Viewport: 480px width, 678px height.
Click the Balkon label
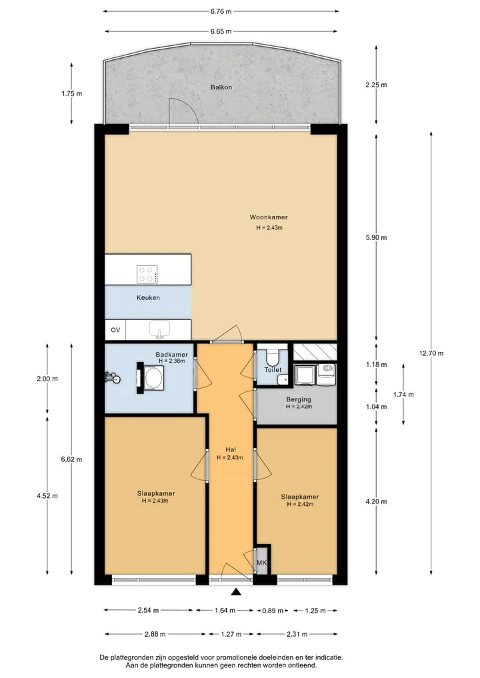coord(221,87)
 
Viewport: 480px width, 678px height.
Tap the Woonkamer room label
coord(269,217)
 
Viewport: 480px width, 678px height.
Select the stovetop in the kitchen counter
coord(147,274)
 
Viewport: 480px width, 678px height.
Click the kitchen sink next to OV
coord(159,329)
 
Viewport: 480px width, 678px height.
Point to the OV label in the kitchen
coord(115,330)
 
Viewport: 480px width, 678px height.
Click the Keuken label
coord(148,298)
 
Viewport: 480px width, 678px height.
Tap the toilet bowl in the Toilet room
coord(273,357)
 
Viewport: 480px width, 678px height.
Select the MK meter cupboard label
coord(261,563)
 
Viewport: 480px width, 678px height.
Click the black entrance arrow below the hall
coord(236,592)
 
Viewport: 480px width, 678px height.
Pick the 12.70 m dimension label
coord(431,353)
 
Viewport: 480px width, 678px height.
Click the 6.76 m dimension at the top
coord(221,12)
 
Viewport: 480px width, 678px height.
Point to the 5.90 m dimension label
coord(376,237)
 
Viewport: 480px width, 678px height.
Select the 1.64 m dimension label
coord(225,611)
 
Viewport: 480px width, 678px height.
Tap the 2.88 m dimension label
coord(155,634)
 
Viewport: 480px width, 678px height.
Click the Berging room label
coord(299,399)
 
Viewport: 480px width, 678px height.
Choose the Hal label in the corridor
coord(231,450)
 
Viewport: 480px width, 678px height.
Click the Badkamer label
coord(172,355)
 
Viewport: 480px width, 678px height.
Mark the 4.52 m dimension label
coord(47,496)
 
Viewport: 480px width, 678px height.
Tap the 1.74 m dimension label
coord(403,395)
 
